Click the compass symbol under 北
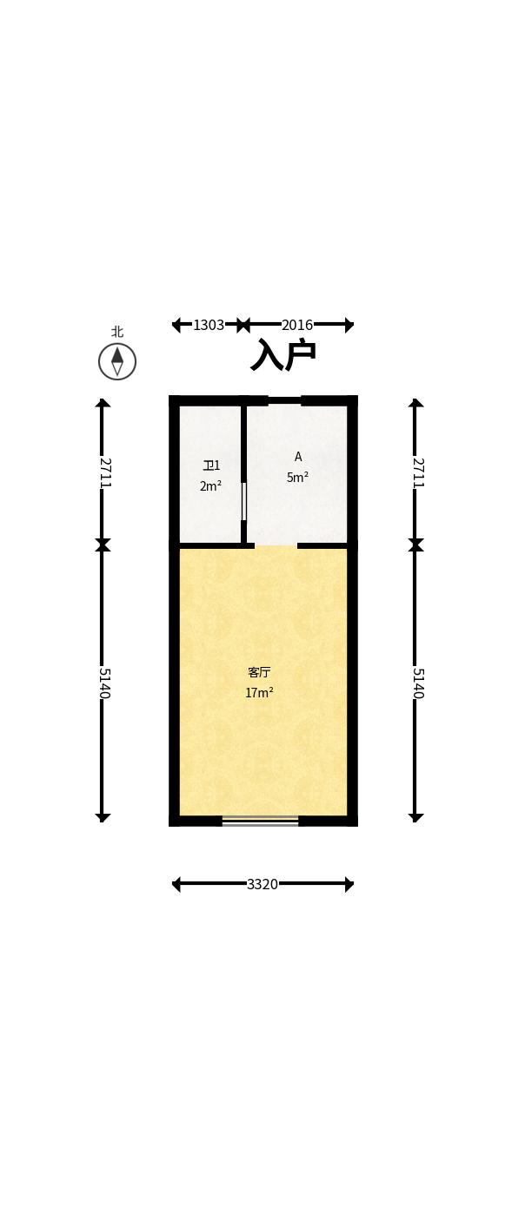coord(117,361)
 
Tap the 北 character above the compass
coord(117,332)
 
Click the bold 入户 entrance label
coord(283,355)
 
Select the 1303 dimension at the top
coord(209,326)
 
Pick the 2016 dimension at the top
coord(297,326)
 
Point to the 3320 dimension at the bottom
coord(262,885)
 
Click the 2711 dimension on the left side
coord(103,472)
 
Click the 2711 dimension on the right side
coord(416,472)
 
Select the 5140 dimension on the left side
coord(103,683)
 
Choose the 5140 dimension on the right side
coord(416,683)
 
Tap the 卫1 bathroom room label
coord(211,465)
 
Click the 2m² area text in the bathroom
coord(210,486)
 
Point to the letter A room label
coord(298,457)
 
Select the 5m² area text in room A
coord(297,478)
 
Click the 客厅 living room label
coord(259,672)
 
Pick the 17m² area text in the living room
coord(259,693)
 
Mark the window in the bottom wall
coord(260,821)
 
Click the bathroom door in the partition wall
coord(243,501)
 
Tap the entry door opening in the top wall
coord(284,400)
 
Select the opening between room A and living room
coord(276,545)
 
